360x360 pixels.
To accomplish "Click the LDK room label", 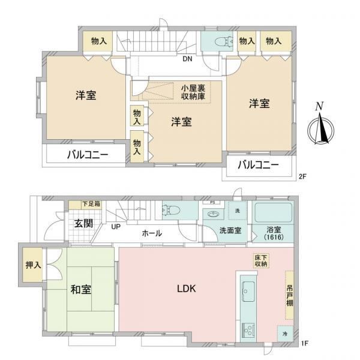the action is click(187, 289).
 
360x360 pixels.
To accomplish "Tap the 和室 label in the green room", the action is click(81, 290).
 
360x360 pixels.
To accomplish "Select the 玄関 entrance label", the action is click(84, 223).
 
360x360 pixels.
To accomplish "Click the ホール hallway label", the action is click(152, 233).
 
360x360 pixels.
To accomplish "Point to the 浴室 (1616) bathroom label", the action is click(274, 233).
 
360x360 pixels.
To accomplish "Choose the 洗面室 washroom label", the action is click(230, 230).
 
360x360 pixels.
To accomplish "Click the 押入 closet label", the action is click(33, 265).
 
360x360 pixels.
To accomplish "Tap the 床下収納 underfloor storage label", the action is click(261, 260).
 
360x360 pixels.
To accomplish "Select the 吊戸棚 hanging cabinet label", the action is click(290, 295).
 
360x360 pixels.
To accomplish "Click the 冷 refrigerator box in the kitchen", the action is click(285, 334).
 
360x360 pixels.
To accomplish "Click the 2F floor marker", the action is click(302, 176).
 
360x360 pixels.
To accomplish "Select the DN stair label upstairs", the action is click(187, 59).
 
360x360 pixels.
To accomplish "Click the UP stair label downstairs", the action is click(116, 227).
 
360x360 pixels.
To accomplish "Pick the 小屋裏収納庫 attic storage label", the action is click(193, 92).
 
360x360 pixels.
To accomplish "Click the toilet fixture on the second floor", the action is click(223, 41).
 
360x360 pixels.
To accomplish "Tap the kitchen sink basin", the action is click(248, 292).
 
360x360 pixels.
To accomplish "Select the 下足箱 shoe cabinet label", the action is click(91, 203).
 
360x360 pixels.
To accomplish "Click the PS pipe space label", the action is click(212, 203).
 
